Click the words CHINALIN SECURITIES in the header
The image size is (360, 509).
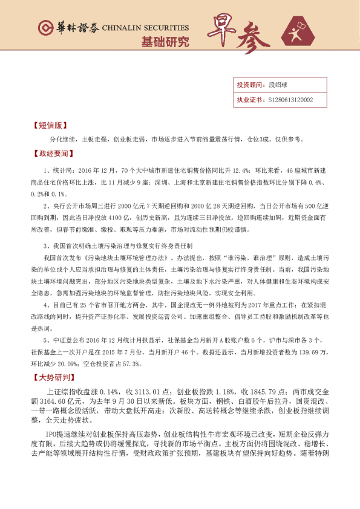(145, 28)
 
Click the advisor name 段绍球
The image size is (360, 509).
(277, 85)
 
